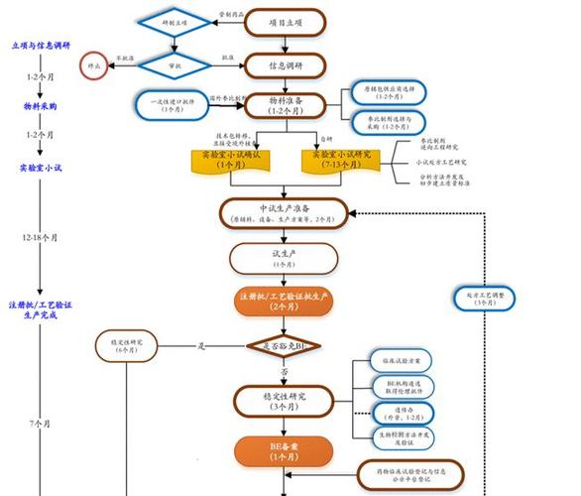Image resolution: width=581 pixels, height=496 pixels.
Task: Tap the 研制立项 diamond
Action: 174,22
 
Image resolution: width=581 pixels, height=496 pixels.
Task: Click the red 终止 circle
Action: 94,65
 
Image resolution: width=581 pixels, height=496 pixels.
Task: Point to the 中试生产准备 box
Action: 285,213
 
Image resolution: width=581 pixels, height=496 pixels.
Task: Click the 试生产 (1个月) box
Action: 285,258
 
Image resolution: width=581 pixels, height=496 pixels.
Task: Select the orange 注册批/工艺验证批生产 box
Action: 285,303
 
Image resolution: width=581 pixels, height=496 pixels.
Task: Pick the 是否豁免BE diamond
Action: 285,346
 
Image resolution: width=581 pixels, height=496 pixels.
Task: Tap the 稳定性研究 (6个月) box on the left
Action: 126,345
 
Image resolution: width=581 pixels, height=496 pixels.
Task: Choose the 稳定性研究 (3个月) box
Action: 285,402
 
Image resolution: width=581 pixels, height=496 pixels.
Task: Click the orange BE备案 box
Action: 285,451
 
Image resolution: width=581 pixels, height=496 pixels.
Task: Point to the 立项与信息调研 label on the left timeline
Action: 42,46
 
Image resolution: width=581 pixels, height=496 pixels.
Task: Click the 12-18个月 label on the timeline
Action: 40,238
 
